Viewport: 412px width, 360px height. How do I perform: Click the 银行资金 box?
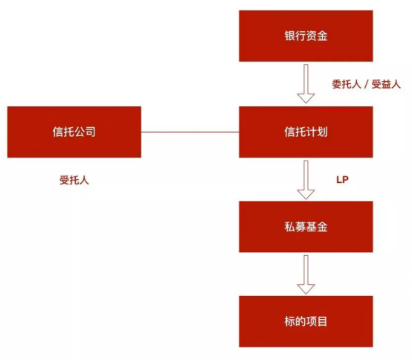tap(306, 36)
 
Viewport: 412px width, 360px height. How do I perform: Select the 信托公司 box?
tap(74, 132)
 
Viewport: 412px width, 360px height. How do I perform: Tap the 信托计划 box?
tap(306, 132)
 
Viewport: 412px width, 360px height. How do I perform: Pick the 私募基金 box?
tap(306, 226)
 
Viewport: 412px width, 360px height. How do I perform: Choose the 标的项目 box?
tap(306, 321)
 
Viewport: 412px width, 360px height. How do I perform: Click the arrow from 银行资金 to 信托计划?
tap(306, 83)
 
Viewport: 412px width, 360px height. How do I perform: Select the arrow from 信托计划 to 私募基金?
tap(306, 179)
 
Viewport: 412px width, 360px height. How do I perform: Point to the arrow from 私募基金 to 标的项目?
tap(306, 273)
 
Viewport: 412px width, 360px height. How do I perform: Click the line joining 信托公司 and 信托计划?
tap(190, 132)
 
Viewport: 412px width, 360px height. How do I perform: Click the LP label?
tap(343, 179)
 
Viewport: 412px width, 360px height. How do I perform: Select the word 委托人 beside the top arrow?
tap(347, 85)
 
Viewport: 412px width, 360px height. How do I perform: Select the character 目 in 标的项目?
tap(322, 321)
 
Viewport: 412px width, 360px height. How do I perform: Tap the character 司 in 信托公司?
tap(90, 132)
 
